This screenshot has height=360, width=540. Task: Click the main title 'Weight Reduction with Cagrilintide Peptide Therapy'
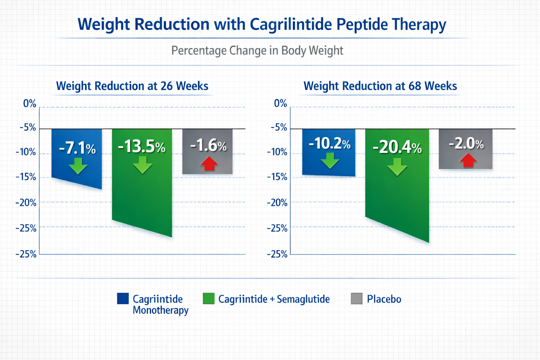(x=262, y=25)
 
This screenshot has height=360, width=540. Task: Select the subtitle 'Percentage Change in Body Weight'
(x=257, y=51)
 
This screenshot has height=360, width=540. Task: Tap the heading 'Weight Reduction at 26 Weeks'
(x=132, y=86)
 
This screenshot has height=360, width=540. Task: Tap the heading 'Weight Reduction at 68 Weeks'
(x=380, y=86)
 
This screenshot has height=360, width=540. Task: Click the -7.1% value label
(x=77, y=148)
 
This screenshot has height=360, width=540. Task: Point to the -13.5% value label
(x=142, y=146)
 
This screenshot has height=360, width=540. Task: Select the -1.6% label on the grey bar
(x=208, y=145)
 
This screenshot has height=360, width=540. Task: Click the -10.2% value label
(x=329, y=143)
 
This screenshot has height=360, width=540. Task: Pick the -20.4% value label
(x=397, y=147)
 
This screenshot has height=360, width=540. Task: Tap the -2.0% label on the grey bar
(x=466, y=143)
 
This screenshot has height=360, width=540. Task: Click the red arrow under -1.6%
(x=209, y=163)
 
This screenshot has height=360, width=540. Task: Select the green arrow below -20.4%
(x=397, y=167)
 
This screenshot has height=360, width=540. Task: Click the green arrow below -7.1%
(x=78, y=166)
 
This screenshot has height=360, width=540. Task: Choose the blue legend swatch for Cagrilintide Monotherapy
(x=123, y=298)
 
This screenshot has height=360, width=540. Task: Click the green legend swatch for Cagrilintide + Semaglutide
(x=208, y=298)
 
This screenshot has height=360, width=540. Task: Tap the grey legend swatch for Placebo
(x=356, y=298)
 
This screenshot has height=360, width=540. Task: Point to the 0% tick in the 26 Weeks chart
(x=30, y=104)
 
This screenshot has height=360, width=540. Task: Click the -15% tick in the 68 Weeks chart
(x=277, y=177)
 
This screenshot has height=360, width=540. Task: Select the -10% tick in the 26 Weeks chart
(x=26, y=152)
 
